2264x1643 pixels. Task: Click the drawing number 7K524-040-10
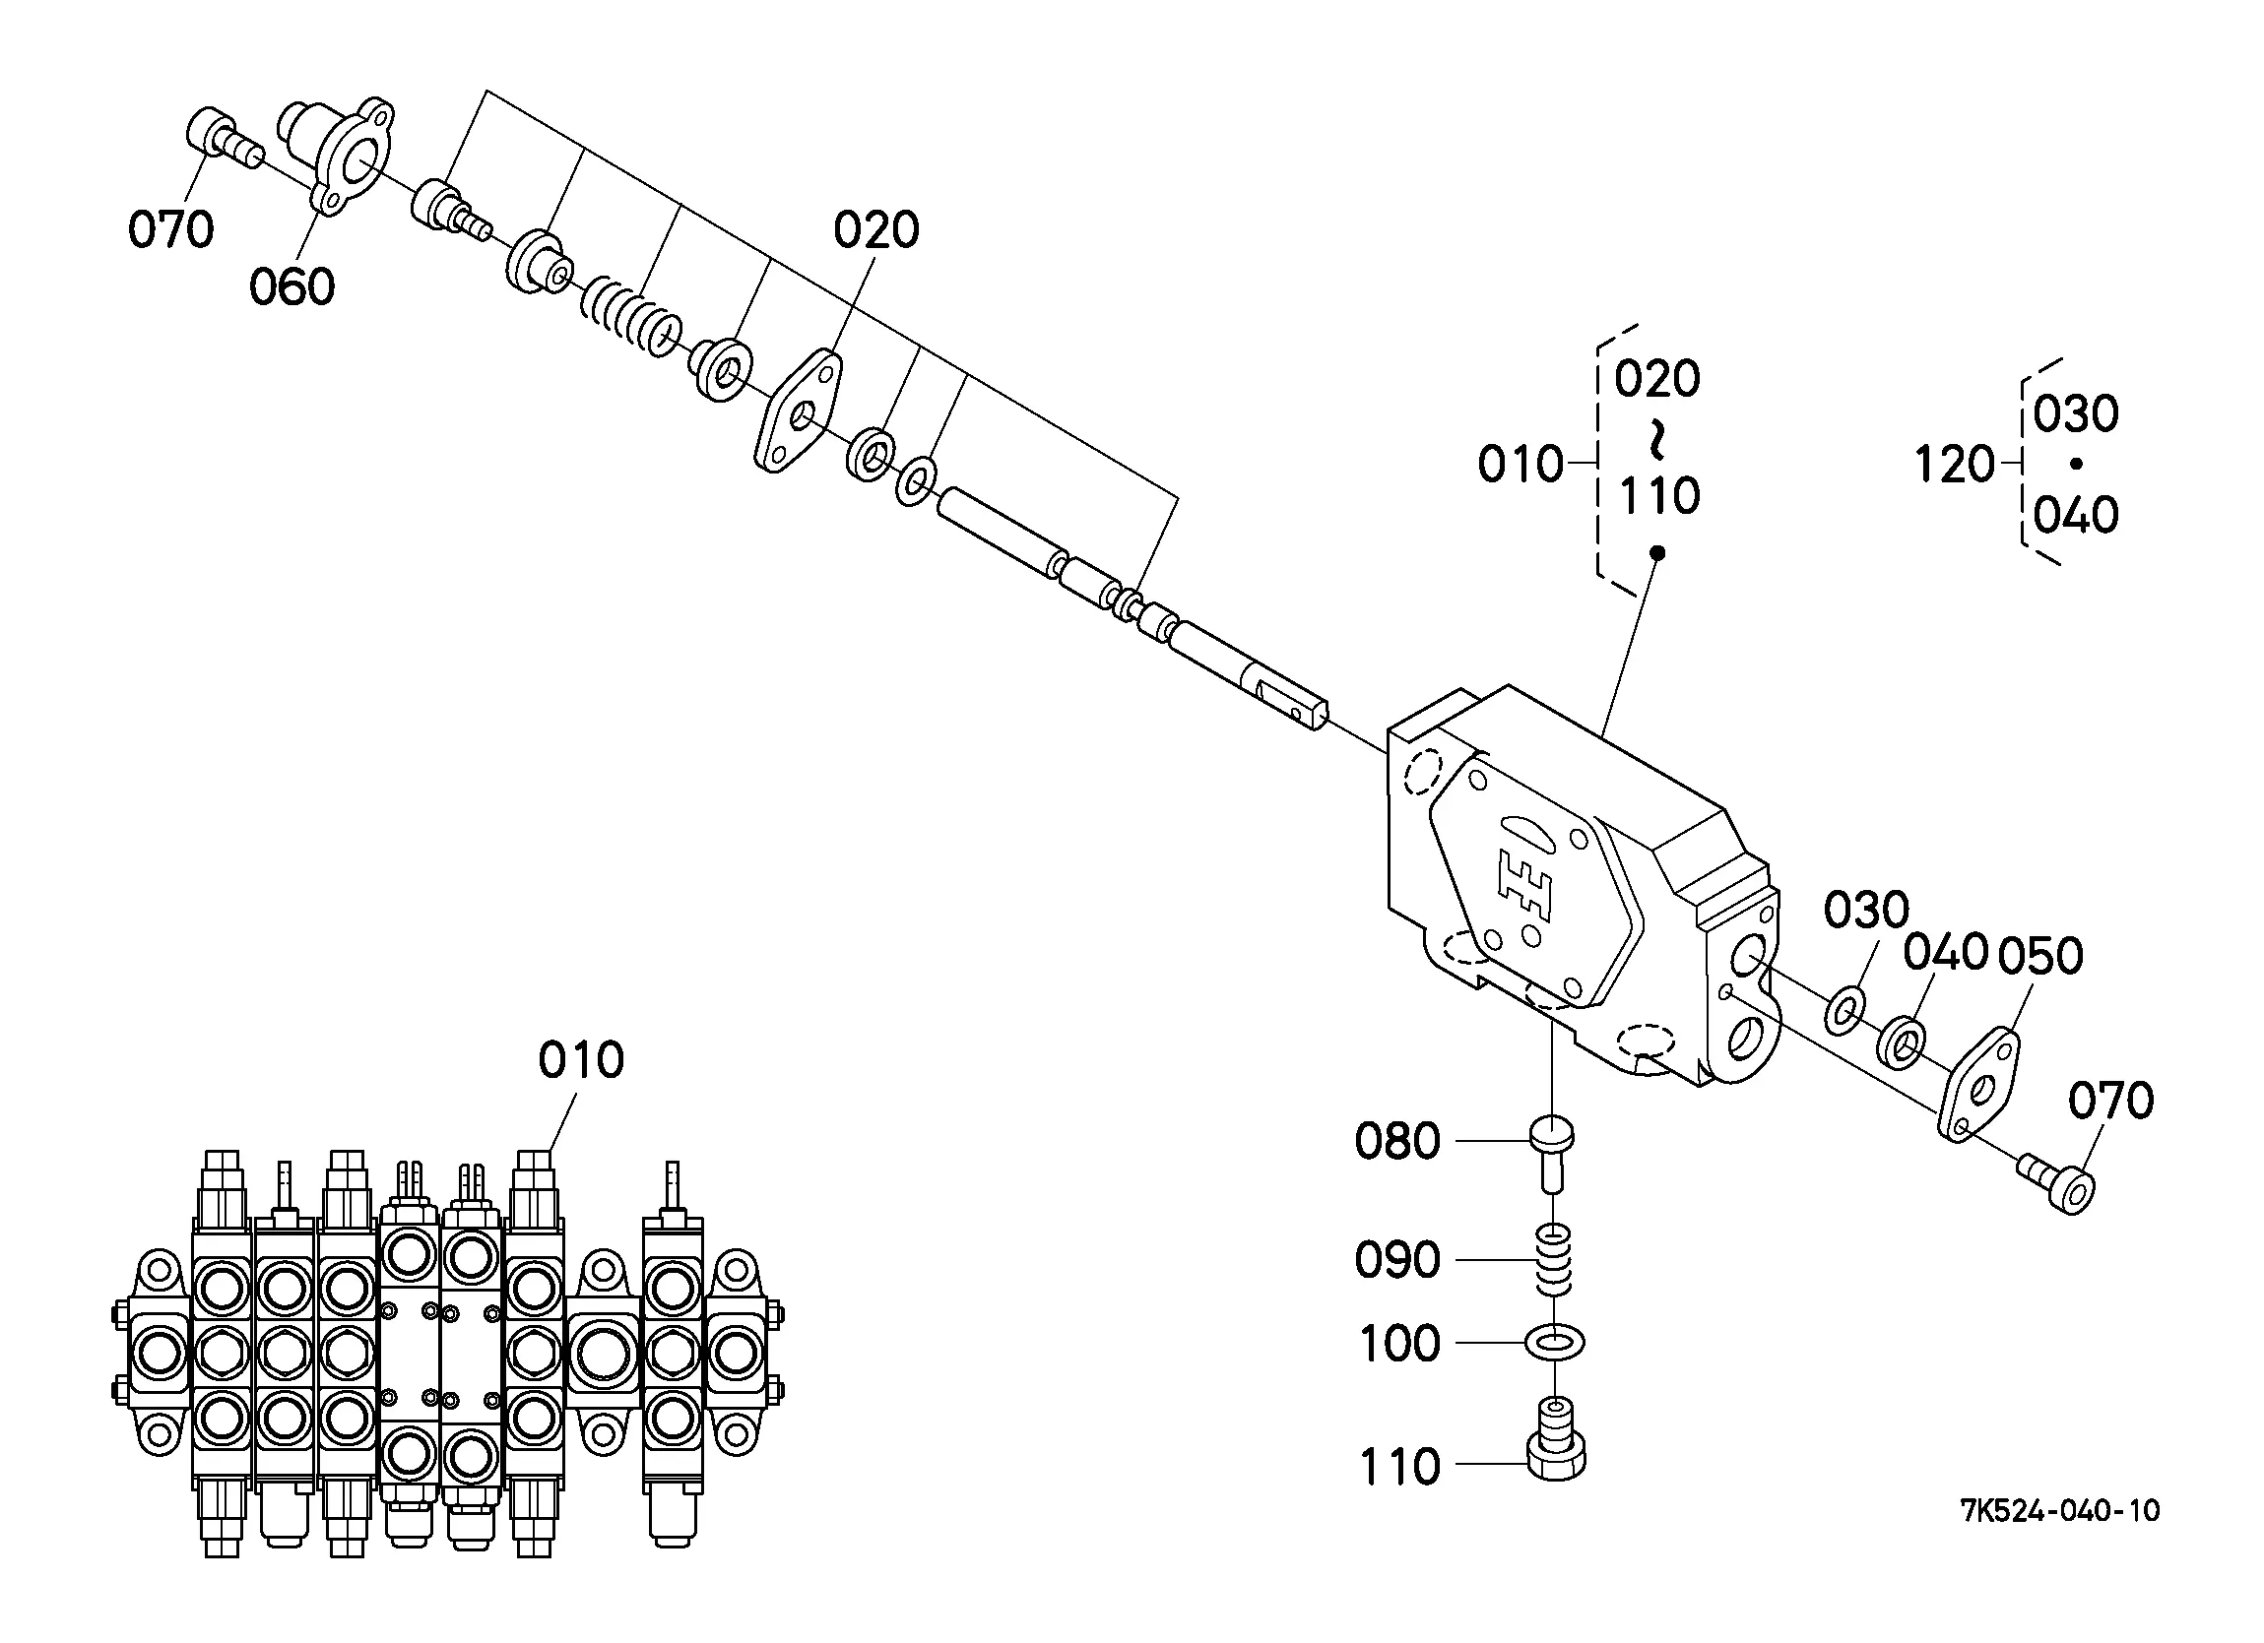[x=2059, y=1511]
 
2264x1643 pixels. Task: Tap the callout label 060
[x=291, y=287]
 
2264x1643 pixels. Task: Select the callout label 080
[x=1397, y=1141]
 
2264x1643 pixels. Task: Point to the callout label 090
[x=1397, y=1260]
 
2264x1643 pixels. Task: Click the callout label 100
[x=1399, y=1344]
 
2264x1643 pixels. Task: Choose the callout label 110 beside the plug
[x=1399, y=1468]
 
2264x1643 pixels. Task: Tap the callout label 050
[x=2040, y=955]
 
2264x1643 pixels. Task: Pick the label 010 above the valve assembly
[x=581, y=1059]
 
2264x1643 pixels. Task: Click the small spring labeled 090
[x=1553, y=1261]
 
